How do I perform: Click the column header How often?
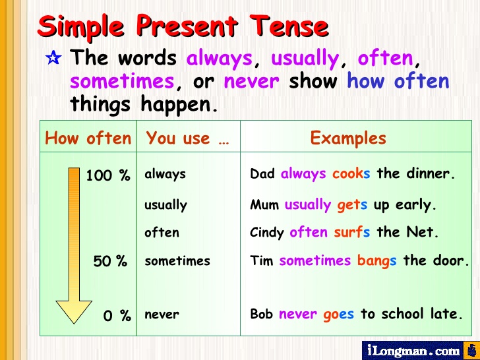tap(88, 138)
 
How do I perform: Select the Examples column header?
tap(348, 138)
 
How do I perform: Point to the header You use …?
tap(187, 138)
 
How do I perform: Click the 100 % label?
tap(107, 175)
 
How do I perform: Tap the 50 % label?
tap(110, 261)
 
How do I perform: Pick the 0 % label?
tap(117, 316)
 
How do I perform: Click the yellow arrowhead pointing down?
tap(74, 311)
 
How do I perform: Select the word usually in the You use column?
tap(165, 205)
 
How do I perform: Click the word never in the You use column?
tap(162, 315)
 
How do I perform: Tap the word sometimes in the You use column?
tap(177, 260)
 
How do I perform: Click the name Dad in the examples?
tap(263, 174)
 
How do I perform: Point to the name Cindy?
tap(267, 233)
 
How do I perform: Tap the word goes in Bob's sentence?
tap(338, 315)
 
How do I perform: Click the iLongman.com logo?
tap(412, 350)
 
